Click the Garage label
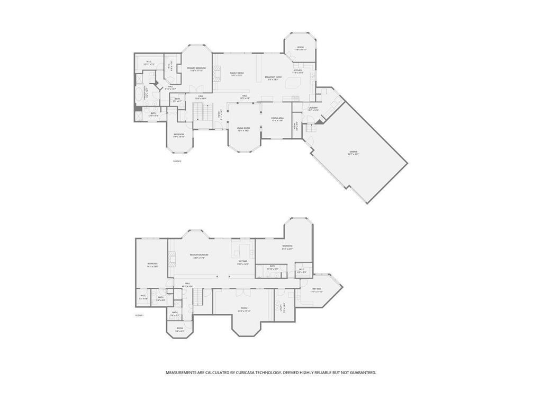tap(353, 152)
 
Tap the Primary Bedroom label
tap(196, 68)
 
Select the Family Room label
tap(237, 73)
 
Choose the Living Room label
tap(243, 128)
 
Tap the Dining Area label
tap(277, 119)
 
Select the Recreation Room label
tap(199, 255)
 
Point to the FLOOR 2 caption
tap(177, 161)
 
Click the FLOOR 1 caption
tap(140, 315)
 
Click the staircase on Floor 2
tap(198, 111)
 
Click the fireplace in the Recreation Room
tap(170, 259)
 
